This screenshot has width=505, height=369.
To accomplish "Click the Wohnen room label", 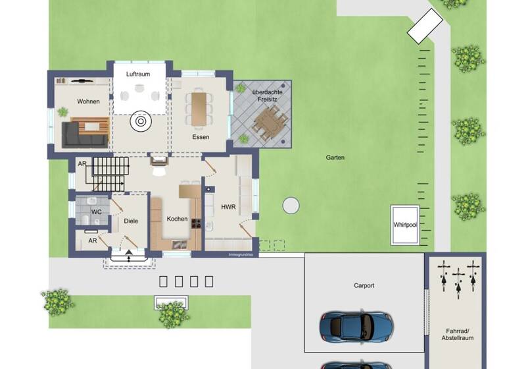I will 88,101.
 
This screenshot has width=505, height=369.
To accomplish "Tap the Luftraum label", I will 138,74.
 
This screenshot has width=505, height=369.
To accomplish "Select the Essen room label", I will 201,137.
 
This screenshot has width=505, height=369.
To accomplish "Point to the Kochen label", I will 177,219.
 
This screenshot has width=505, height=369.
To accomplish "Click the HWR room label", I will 228,207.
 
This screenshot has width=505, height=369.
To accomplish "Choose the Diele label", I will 131,221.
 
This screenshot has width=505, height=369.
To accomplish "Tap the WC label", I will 97,212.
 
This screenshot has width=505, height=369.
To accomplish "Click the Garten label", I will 335,157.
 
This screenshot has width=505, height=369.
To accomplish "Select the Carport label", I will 364,285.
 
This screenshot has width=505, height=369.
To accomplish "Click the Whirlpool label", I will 405,225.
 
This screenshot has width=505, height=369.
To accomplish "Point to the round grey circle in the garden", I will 291,206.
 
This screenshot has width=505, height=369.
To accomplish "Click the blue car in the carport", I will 356,324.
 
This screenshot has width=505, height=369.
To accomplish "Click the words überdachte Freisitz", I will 261,95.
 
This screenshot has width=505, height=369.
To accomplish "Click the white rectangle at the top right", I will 425,26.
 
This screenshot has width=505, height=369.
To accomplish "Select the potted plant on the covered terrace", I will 241,140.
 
